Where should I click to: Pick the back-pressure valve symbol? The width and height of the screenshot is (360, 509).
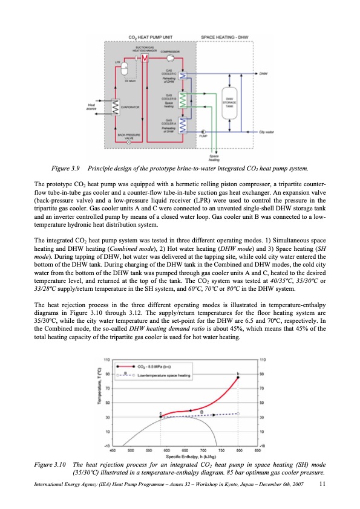pos(129,143)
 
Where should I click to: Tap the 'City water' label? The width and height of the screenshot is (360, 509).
pos(266,131)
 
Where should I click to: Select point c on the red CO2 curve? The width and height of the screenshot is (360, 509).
pos(161,417)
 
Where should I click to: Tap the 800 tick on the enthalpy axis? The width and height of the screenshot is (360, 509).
pos(240,450)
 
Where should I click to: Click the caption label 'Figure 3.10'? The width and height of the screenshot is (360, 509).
pos(50,464)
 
